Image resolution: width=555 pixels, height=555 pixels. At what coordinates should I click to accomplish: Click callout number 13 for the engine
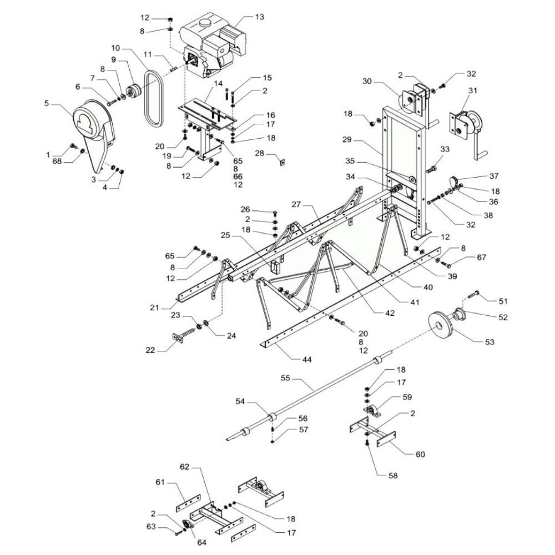(x=259, y=17)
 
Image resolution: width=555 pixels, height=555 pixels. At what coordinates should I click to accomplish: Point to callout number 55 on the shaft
(x=285, y=377)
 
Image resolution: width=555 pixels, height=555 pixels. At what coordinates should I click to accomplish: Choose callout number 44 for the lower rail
(x=306, y=359)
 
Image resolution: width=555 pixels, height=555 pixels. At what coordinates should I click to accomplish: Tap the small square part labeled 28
(x=282, y=162)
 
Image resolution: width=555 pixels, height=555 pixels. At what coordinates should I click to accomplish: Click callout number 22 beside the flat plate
(x=150, y=350)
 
